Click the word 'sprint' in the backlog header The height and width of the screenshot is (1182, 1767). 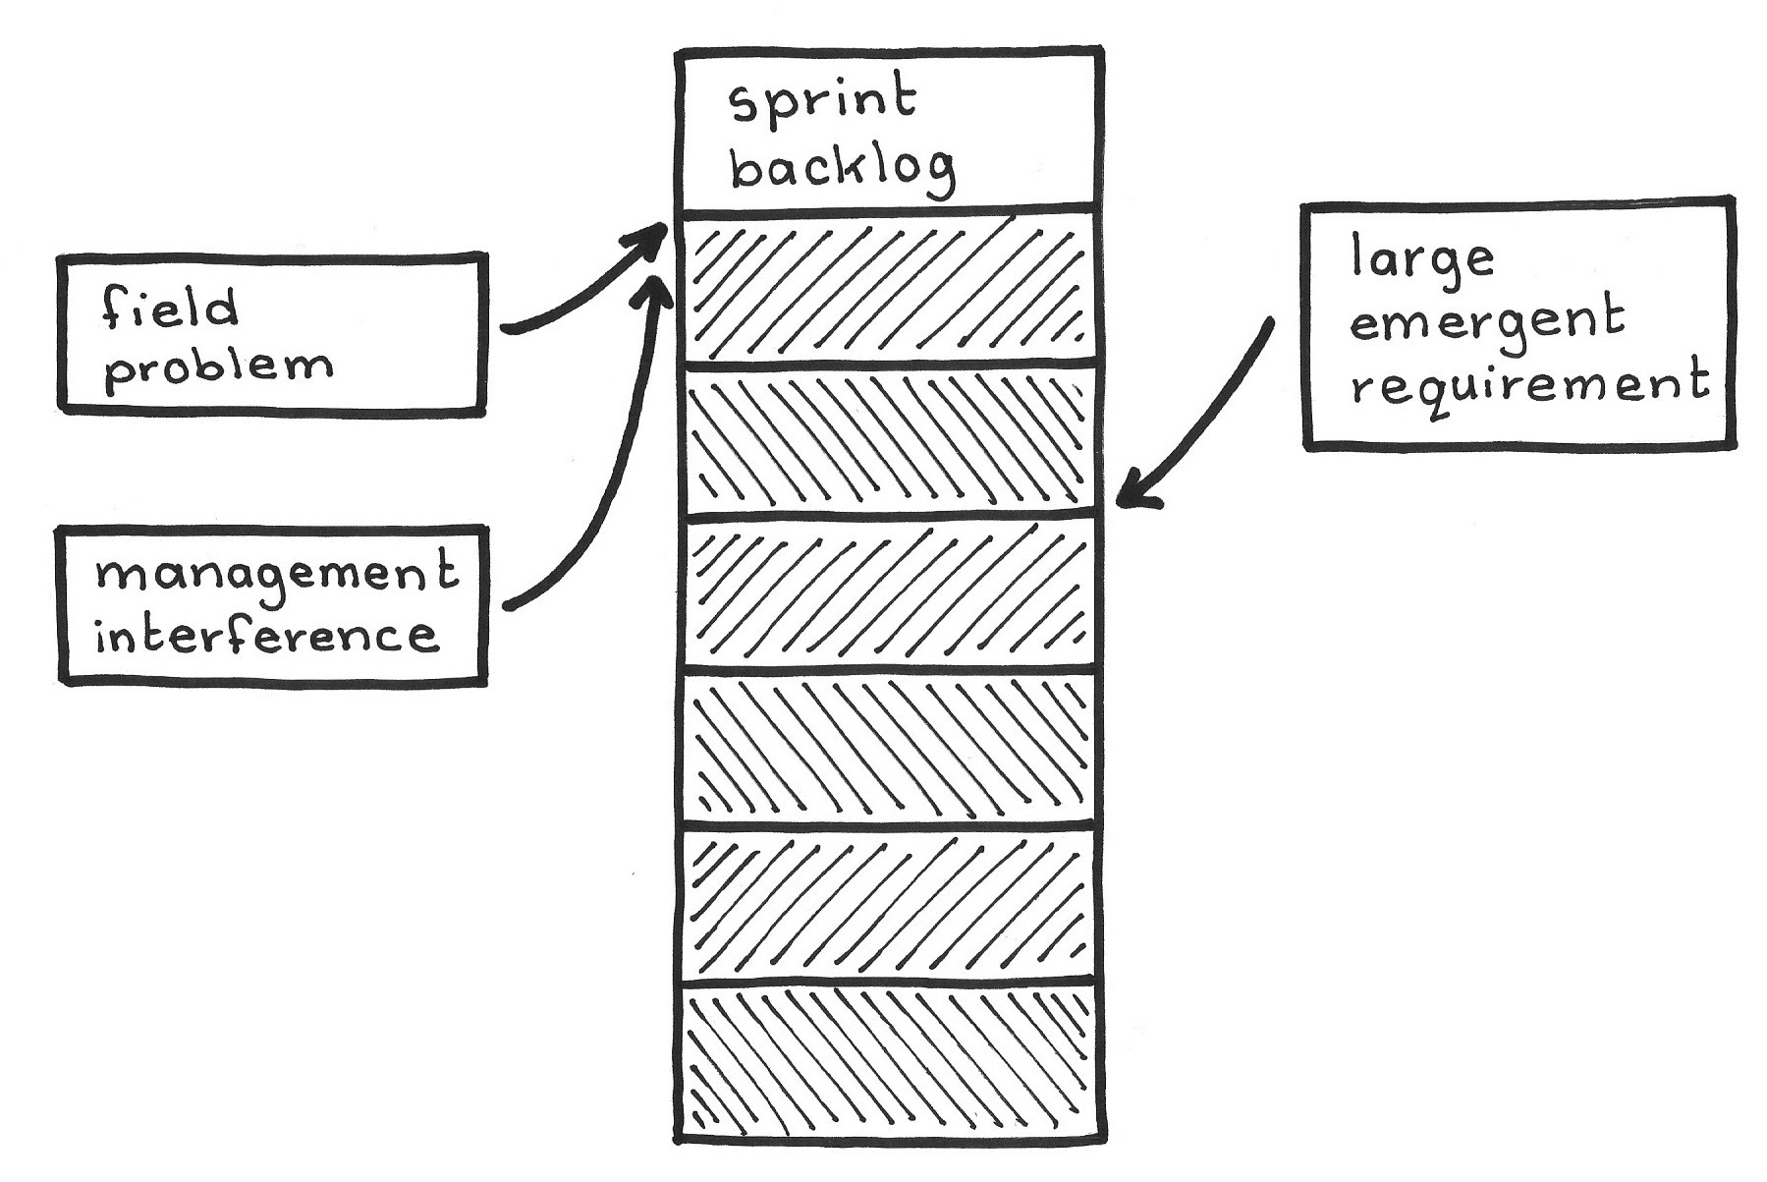coord(823,102)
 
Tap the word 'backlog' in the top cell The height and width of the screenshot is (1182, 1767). coord(841,169)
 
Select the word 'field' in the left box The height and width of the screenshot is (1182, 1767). coord(169,309)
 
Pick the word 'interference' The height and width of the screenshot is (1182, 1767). coord(265,635)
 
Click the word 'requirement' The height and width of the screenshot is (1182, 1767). coord(1529,383)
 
